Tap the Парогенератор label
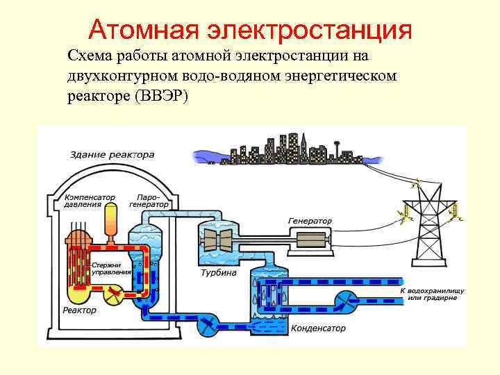tap(149, 200)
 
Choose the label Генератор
tap(310, 221)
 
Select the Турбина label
tap(219, 273)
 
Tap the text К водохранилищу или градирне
tap(431, 292)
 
